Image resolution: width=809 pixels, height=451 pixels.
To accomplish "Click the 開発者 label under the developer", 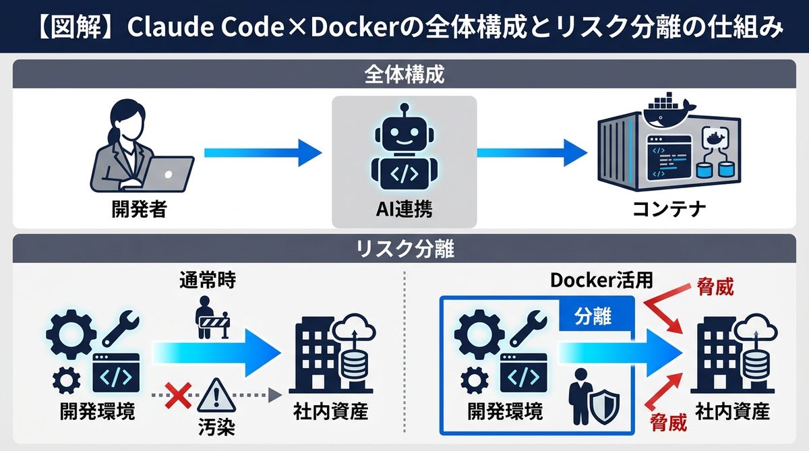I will point(139,210).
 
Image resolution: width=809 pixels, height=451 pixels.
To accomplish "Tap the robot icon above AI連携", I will point(404,149).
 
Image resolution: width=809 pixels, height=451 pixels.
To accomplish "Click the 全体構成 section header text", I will point(404,73).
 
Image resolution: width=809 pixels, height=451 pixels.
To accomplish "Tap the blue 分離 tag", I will point(593,317).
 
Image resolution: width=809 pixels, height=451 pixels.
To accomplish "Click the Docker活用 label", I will point(593,279).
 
